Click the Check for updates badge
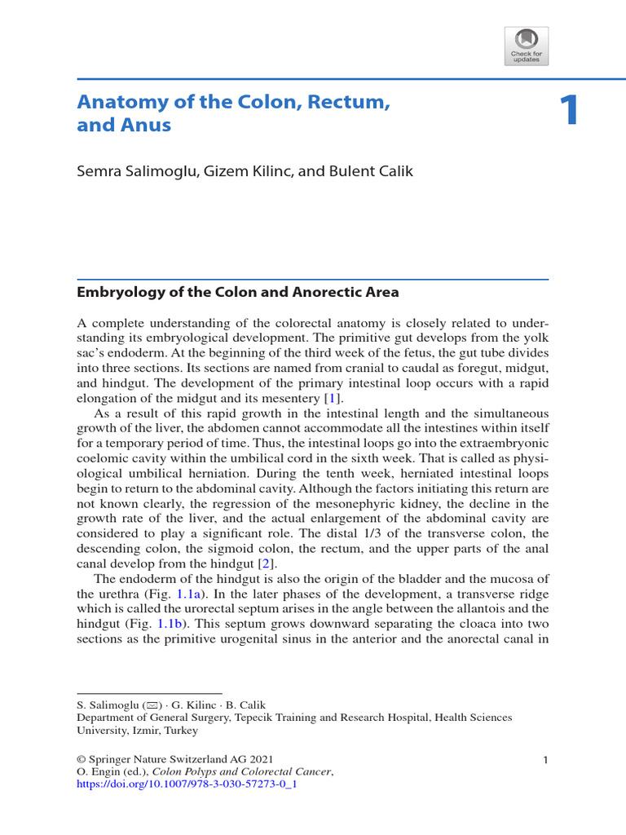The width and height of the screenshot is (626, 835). coord(527,46)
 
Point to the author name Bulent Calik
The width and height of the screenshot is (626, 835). coord(373,172)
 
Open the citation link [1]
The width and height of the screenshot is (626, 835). coord(331,397)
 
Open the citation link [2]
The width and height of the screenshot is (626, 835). coord(264,563)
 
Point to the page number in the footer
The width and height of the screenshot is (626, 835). coord(545,760)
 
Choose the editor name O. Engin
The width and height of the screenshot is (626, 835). coord(98,772)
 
